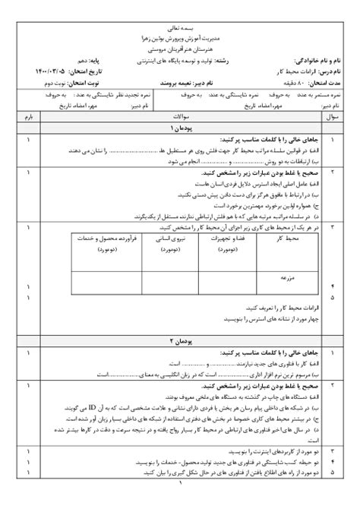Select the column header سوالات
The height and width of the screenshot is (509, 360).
coord(180,118)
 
